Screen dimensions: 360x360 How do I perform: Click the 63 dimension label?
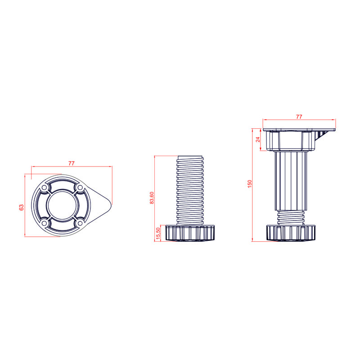21,207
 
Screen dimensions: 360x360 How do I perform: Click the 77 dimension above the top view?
72,163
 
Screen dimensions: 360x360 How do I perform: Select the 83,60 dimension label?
152,198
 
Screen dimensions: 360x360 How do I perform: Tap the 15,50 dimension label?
158,234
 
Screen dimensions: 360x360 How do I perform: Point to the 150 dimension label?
250,184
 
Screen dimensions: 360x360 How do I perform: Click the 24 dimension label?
258,139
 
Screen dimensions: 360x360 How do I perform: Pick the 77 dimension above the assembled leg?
299,117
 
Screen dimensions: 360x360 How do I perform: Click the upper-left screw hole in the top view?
44,188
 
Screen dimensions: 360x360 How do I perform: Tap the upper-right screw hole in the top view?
80,188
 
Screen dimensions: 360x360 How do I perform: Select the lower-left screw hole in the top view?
44,223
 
